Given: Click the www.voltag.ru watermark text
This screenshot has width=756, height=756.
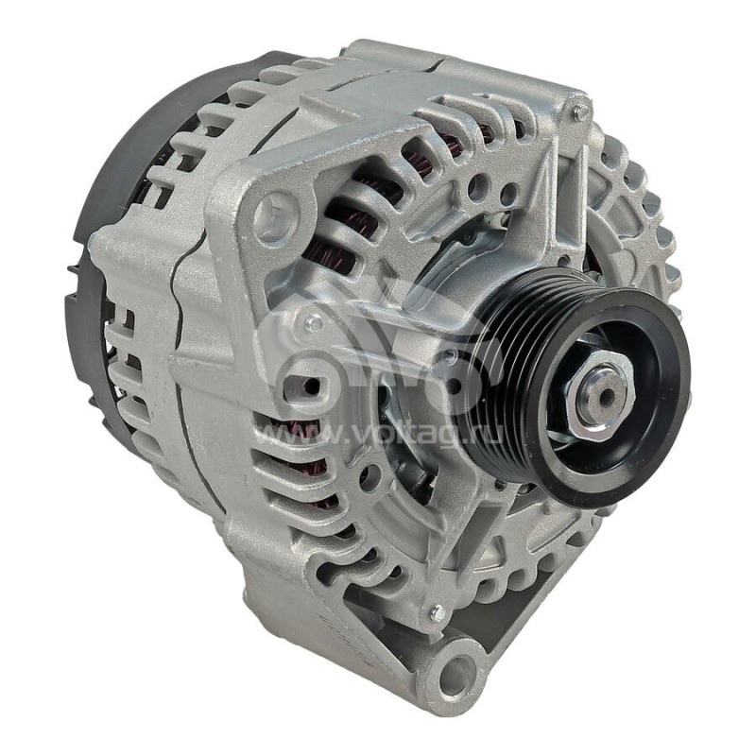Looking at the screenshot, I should coord(378,435).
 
